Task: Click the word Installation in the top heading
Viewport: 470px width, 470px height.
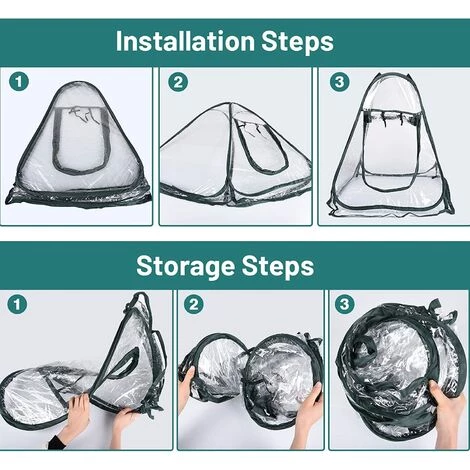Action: [x=185, y=41]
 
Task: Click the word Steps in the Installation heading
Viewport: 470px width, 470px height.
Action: [x=297, y=43]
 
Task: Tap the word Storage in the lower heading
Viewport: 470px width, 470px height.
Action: [x=186, y=267]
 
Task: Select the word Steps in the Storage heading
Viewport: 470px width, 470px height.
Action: [x=278, y=267]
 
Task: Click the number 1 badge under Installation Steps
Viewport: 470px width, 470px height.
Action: [x=19, y=82]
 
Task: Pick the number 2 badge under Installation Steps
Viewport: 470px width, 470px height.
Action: [x=178, y=82]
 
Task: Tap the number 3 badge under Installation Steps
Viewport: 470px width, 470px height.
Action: [x=339, y=82]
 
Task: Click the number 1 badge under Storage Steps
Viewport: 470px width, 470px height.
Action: [x=17, y=304]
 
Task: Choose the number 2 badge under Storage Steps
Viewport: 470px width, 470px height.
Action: [x=193, y=304]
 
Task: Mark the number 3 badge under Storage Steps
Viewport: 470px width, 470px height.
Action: [x=344, y=304]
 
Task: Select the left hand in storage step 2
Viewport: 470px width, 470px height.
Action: [x=186, y=383]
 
